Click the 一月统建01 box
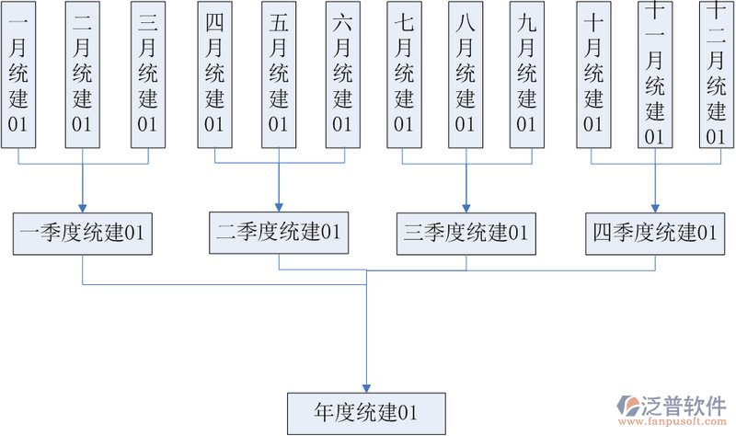coord(17,74)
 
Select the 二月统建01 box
coord(83,74)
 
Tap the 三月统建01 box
coord(147,74)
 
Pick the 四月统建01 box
coord(214,74)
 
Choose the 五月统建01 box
coord(279,74)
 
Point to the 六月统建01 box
coord(342,74)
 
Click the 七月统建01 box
coord(404,74)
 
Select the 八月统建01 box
coord(466,74)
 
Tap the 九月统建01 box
coord(527,74)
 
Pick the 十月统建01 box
coord(593,74)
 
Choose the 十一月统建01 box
coord(655,74)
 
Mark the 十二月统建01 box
coord(715,74)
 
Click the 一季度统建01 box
coord(83,233)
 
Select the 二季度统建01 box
coord(279,233)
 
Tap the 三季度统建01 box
coord(466,233)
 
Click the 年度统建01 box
coord(367,410)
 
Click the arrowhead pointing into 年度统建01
coord(367,386)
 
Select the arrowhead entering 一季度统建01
coord(83,207)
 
